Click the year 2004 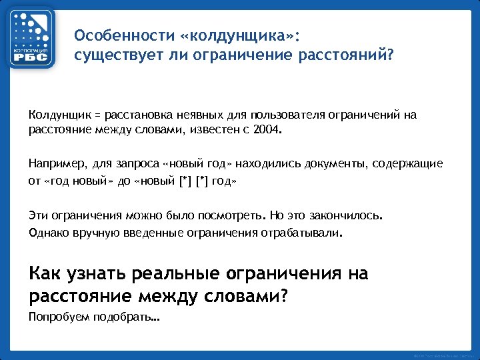coord(269,129)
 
